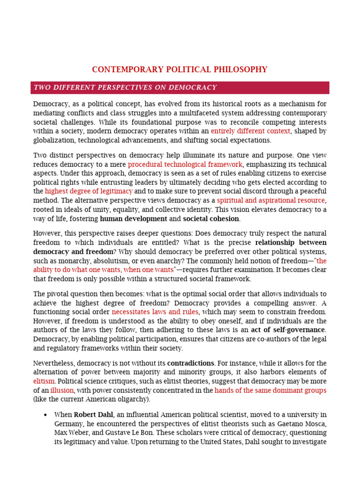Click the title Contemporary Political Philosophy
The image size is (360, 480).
point(180,69)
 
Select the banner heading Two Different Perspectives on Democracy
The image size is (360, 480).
point(125,88)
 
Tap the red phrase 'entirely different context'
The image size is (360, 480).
point(250,131)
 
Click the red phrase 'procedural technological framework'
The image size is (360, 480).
point(185,165)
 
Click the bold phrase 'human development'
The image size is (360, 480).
point(134,218)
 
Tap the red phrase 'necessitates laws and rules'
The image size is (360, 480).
point(155,312)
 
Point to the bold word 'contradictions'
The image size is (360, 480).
point(191,363)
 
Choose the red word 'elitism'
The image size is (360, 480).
point(44,382)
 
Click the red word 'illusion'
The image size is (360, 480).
point(62,390)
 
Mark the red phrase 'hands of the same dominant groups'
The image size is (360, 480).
point(270,390)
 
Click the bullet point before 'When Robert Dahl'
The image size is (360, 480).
point(45,415)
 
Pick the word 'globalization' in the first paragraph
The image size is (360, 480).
point(53,140)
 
